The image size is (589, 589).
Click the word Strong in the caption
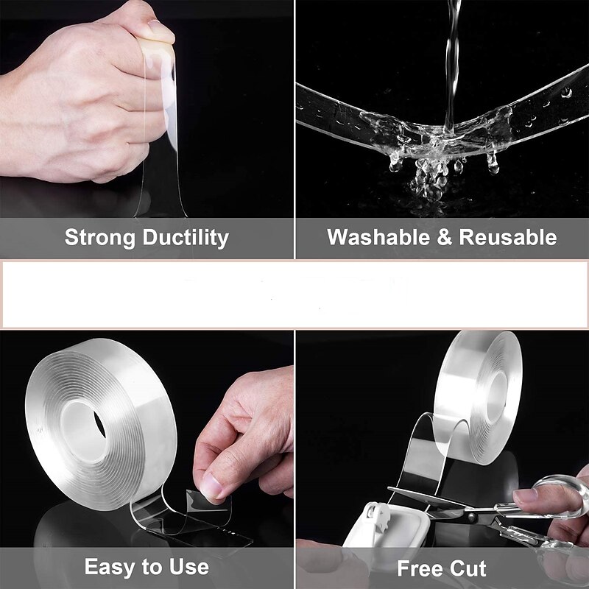click(x=100, y=237)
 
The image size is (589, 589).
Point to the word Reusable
click(x=508, y=237)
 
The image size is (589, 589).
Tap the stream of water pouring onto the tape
click(x=449, y=59)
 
